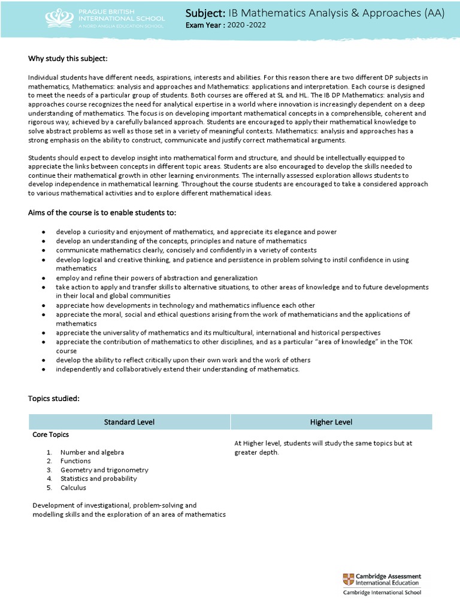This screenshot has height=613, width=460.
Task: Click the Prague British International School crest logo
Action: [57, 19]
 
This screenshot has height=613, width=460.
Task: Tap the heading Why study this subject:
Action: [68, 58]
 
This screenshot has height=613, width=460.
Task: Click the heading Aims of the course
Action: [102, 214]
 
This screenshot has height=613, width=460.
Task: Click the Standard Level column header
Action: [129, 422]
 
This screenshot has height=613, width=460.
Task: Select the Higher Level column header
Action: [331, 422]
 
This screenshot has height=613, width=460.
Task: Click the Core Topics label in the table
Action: [50, 435]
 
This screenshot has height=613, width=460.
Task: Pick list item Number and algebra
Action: [92, 453]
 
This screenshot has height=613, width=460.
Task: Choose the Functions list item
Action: [75, 461]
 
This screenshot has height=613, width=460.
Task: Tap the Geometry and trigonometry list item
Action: [104, 470]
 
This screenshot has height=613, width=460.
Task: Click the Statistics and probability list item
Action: [98, 478]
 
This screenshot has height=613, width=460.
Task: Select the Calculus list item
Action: [73, 487]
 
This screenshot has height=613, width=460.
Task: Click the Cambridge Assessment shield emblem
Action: [348, 579]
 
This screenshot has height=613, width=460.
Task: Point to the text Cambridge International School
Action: [382, 593]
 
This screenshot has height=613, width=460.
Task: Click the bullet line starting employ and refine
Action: [157, 278]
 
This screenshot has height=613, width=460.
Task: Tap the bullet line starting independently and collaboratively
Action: [177, 369]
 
